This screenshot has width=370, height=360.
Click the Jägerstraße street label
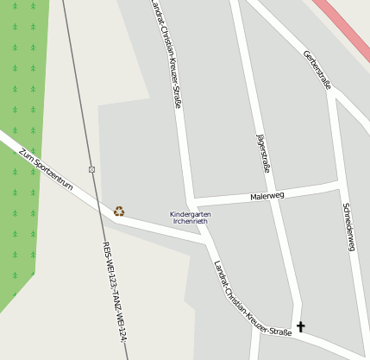[x=263, y=153]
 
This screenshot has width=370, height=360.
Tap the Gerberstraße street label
[x=317, y=69]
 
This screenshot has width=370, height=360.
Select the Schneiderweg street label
[x=348, y=227]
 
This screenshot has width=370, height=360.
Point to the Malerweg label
[x=267, y=196]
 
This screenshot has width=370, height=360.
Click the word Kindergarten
[x=189, y=213]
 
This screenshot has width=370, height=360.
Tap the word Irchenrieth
[x=190, y=221]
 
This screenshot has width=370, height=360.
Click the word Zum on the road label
[x=25, y=155]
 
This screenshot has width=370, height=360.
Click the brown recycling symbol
[x=119, y=211]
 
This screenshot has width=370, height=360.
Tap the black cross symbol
[x=300, y=326]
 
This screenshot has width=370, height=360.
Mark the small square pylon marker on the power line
[x=91, y=168]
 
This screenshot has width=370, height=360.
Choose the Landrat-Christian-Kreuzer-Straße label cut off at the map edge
[x=166, y=52]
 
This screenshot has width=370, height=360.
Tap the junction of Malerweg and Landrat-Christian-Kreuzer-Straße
[x=191, y=200]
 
